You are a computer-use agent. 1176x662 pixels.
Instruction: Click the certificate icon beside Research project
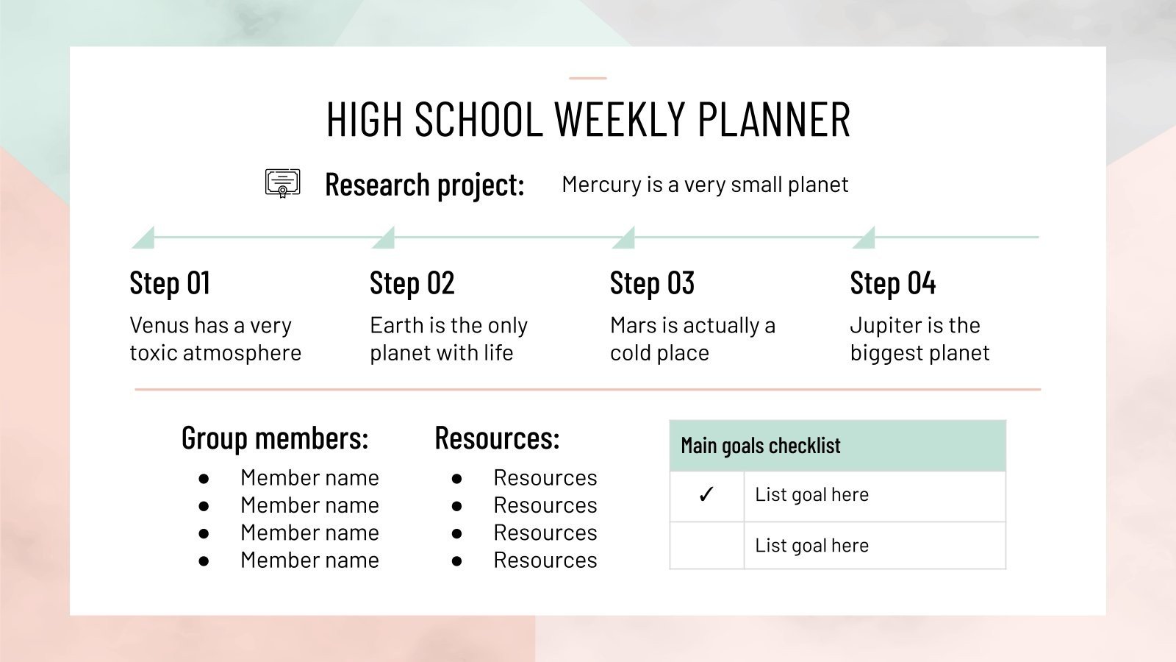pyautogui.click(x=282, y=183)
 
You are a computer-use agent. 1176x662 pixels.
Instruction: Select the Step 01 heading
pyautogui.click(x=170, y=283)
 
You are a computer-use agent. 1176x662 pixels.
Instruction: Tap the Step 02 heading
pyautogui.click(x=412, y=283)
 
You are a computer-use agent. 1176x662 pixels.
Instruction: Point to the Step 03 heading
pyautogui.click(x=652, y=283)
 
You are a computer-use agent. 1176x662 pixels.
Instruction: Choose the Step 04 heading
pyautogui.click(x=892, y=283)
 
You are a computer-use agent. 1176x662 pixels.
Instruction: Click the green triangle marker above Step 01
pyautogui.click(x=145, y=239)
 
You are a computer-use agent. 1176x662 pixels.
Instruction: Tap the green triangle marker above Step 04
pyautogui.click(x=866, y=239)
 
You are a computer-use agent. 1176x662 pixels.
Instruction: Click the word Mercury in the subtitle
pyautogui.click(x=601, y=185)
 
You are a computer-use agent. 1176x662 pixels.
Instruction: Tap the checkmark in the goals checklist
pyautogui.click(x=706, y=495)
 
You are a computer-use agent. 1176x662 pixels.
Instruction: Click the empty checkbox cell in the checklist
pyautogui.click(x=706, y=545)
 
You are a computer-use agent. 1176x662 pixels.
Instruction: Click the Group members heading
pyautogui.click(x=274, y=438)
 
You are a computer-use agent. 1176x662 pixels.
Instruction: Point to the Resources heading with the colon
pyautogui.click(x=497, y=438)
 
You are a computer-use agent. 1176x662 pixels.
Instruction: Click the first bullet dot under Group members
pyautogui.click(x=204, y=479)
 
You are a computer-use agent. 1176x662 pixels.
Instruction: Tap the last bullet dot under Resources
pyautogui.click(x=457, y=561)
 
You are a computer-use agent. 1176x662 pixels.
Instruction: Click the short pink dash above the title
pyautogui.click(x=588, y=78)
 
